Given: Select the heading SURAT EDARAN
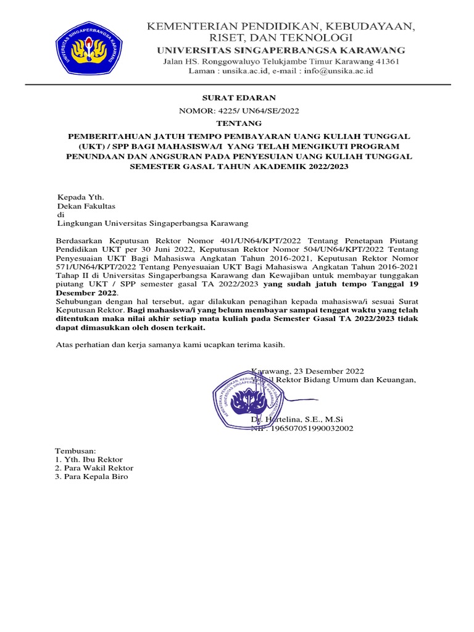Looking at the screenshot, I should coord(239,98).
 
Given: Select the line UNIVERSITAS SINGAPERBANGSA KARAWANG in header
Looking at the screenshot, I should coord(281,50).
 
